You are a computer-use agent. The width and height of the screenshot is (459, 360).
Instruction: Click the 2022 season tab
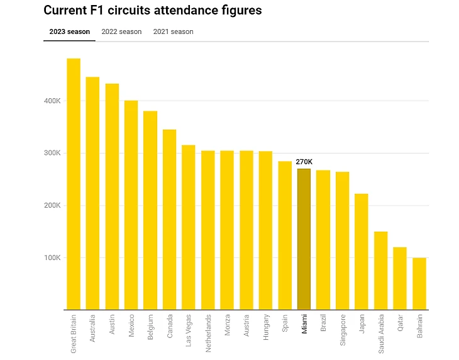[121, 31]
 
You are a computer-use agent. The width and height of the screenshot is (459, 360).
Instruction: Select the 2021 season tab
[173, 31]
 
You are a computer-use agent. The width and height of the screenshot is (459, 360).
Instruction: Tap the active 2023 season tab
[69, 31]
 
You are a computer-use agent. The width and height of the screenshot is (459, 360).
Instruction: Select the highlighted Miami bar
[304, 239]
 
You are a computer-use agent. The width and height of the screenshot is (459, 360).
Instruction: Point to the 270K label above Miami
[304, 162]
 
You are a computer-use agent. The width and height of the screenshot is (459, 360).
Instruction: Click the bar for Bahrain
[419, 283]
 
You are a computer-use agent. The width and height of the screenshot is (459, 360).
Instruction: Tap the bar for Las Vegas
[189, 227]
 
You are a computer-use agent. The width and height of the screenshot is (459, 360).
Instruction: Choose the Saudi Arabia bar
[381, 271]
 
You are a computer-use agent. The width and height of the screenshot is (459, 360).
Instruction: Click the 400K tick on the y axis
[52, 101]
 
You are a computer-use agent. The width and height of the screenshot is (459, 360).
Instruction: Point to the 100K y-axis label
[52, 257]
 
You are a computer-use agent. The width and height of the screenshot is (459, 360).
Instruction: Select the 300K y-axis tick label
[52, 153]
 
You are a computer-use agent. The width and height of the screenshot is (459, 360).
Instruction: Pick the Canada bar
[170, 220]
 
